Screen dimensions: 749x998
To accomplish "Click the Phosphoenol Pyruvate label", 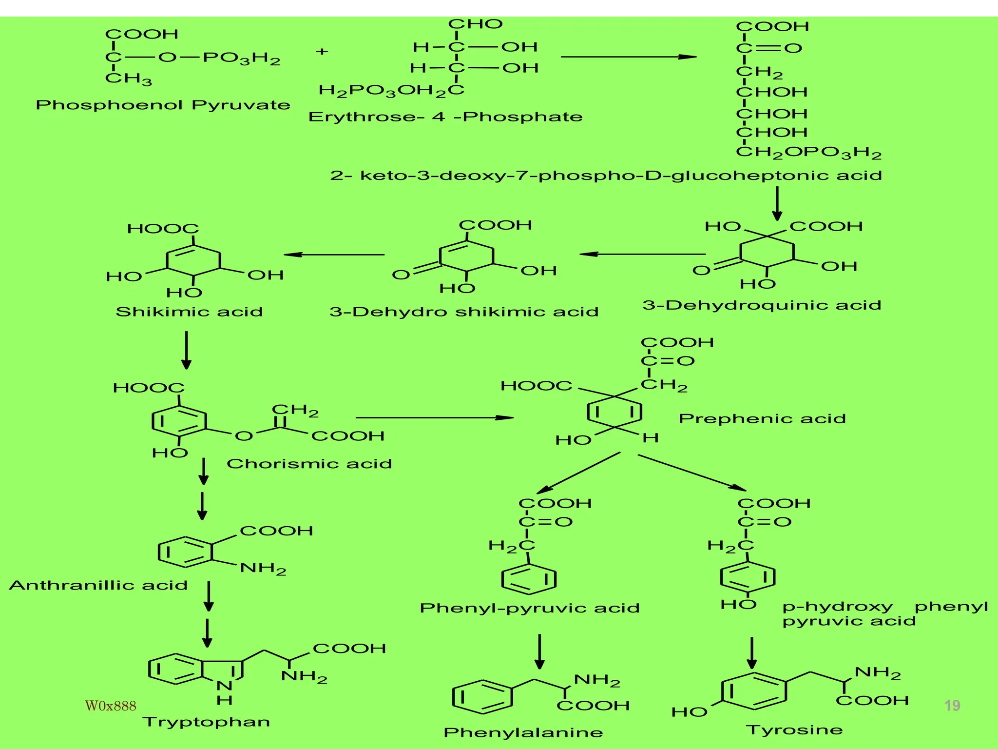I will (163, 105).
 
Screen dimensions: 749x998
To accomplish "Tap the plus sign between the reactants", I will (322, 51).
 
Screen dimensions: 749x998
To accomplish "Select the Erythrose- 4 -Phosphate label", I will (445, 117).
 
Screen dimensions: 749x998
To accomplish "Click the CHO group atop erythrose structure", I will (475, 24).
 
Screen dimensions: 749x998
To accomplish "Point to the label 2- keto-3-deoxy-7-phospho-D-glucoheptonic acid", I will (606, 176).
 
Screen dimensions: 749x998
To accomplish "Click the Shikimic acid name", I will (189, 312).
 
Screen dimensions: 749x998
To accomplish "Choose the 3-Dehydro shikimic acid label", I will (463, 312).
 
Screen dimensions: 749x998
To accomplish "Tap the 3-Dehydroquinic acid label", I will (762, 306).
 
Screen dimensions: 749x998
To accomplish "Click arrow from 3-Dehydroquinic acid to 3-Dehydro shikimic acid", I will (642, 254).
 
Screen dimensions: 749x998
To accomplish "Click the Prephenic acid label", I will (762, 419).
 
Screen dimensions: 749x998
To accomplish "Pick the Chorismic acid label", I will (309, 464).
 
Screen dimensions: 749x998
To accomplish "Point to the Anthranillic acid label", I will (98, 585).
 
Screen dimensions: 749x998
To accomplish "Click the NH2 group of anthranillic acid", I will (263, 569).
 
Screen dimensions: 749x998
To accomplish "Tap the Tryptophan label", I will (206, 722).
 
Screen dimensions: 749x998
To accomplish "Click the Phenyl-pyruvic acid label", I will (530, 608).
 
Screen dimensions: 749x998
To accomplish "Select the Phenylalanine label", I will (523, 732).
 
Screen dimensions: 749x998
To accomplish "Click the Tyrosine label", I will (794, 730).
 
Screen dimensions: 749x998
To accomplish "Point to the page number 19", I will (952, 706).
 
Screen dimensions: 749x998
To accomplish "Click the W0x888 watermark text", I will (111, 706).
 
